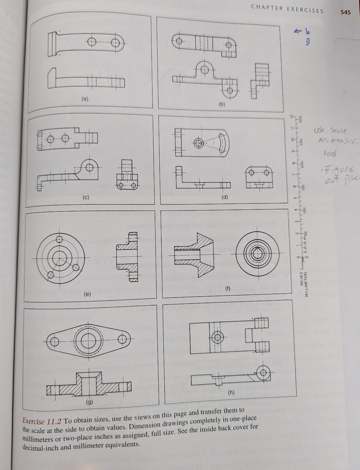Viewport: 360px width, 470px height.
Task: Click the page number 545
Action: pos(345,12)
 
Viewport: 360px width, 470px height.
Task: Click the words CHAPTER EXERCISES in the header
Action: pos(287,10)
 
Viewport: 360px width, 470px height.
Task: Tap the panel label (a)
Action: pos(86,99)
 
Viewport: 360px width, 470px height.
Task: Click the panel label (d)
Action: pos(224,197)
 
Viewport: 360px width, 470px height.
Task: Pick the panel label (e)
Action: pos(87,294)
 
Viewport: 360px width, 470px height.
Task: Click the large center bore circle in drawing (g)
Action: pos(89,340)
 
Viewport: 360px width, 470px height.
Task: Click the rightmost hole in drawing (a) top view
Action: pos(116,43)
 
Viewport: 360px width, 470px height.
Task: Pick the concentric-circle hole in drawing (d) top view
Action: pos(199,144)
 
